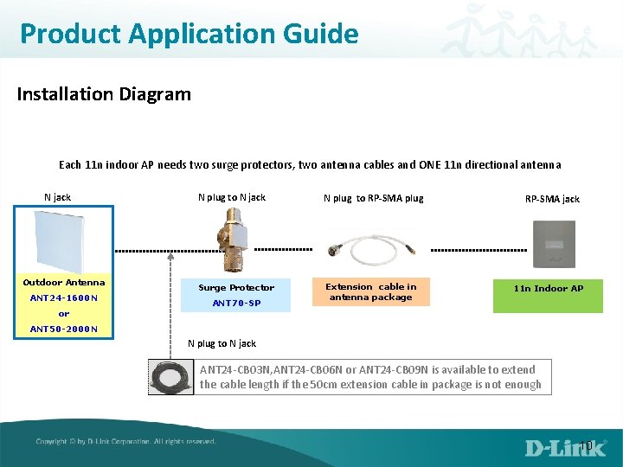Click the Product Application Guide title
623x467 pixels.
coord(189,34)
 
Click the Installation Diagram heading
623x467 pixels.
coord(104,93)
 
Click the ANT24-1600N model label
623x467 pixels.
coord(63,298)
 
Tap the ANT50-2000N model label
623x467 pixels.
coord(63,329)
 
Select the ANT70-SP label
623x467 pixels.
coord(236,303)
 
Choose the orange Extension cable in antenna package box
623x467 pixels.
coord(370,291)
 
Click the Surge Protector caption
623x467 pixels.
coord(236,287)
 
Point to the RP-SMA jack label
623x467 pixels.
coord(552,199)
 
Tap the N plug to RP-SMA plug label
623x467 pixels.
coord(373,198)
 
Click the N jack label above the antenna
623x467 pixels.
coord(57,197)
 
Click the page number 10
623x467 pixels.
coord(586,446)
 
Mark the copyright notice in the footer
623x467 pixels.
coord(126,442)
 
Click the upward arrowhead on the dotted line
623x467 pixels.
coord(170,256)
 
